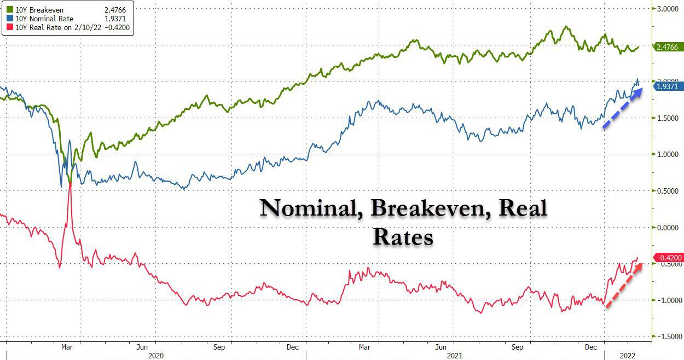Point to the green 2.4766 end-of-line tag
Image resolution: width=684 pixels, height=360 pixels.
(x=666, y=48)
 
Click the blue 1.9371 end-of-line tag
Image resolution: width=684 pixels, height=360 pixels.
(x=666, y=87)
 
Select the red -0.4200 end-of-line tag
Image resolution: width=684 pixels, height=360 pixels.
(x=666, y=258)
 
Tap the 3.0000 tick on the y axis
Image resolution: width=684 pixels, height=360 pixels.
(x=667, y=9)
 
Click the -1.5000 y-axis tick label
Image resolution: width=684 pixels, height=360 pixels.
(x=667, y=337)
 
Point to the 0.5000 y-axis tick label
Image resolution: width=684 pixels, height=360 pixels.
(x=667, y=191)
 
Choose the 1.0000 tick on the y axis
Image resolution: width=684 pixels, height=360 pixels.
(x=667, y=154)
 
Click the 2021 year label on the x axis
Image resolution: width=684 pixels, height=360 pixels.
(x=454, y=355)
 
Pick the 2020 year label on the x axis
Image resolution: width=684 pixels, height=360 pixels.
(x=156, y=355)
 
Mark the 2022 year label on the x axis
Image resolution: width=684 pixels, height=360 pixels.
(x=628, y=355)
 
